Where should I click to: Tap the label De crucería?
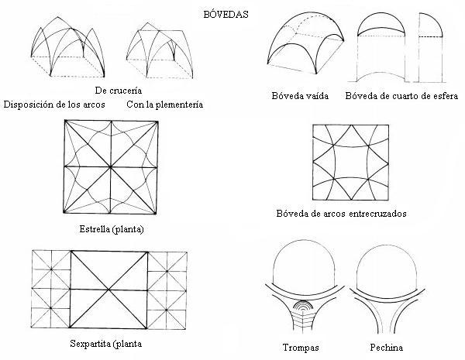[x=106, y=90]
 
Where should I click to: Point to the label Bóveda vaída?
[x=300, y=96]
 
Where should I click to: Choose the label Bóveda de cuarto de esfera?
[x=403, y=96]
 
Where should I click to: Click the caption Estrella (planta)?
[x=112, y=230]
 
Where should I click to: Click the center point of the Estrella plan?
[x=112, y=166]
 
